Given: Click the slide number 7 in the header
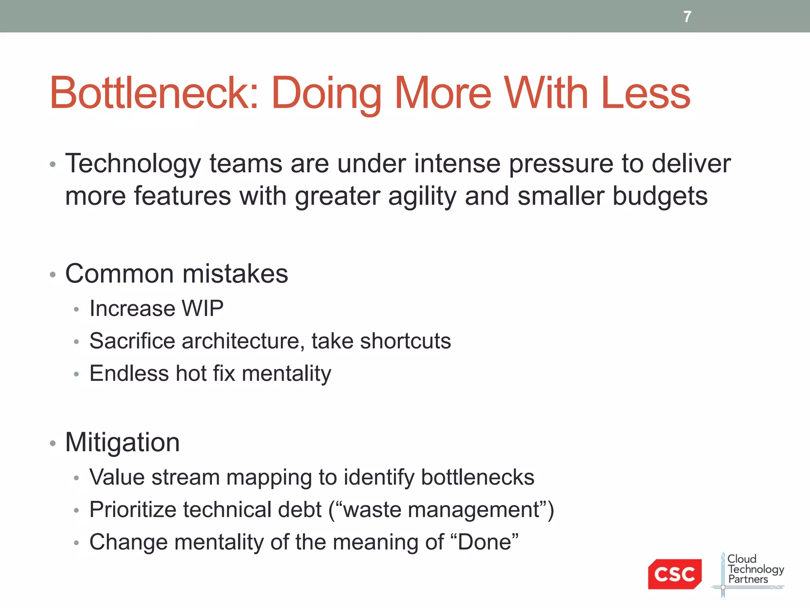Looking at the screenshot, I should (687, 17).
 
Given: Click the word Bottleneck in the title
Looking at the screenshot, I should (154, 93).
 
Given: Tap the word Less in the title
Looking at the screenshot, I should (645, 93).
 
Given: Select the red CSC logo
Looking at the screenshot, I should (674, 574).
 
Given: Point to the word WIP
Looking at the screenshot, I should (202, 308).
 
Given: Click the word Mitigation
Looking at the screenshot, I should (123, 442).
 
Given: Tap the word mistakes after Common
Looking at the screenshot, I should (235, 274).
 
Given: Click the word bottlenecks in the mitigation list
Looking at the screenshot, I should (478, 477).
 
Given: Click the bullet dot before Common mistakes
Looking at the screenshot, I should (53, 275).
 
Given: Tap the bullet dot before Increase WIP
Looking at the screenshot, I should (77, 310).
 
